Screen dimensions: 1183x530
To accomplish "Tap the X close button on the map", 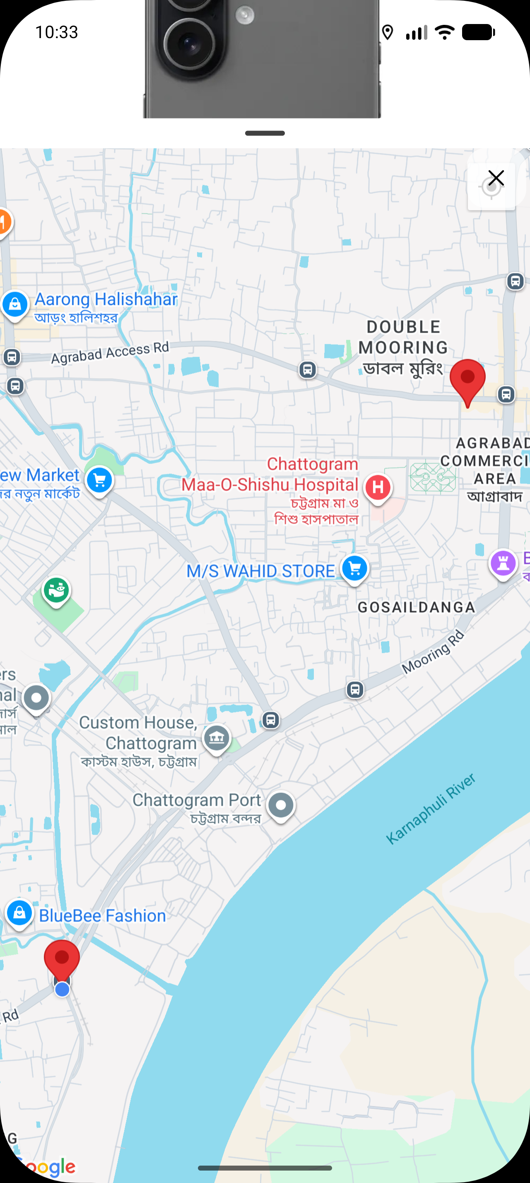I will point(496,178).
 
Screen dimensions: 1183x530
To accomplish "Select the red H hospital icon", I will point(378,487).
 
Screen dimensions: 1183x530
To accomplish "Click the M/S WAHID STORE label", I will point(260,571).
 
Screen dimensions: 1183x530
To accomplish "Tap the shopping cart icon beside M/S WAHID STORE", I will point(354,569).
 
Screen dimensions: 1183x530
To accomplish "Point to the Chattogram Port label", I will point(196,800).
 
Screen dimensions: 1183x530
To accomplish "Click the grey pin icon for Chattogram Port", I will point(281,805).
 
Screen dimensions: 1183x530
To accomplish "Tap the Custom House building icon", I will point(217,738).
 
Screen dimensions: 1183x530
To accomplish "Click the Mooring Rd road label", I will point(433,652).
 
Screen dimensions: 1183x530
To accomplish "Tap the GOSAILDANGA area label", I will point(416,608).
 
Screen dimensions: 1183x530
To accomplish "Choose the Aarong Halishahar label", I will point(106,299).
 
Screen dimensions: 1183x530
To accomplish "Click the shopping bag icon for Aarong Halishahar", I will point(15,304).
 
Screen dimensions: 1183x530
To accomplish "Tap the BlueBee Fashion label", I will point(102,915).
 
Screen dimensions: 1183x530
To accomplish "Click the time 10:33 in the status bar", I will point(56,32).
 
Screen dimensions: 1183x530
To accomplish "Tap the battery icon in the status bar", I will point(478,32).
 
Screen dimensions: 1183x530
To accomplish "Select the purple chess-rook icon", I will point(503,563).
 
